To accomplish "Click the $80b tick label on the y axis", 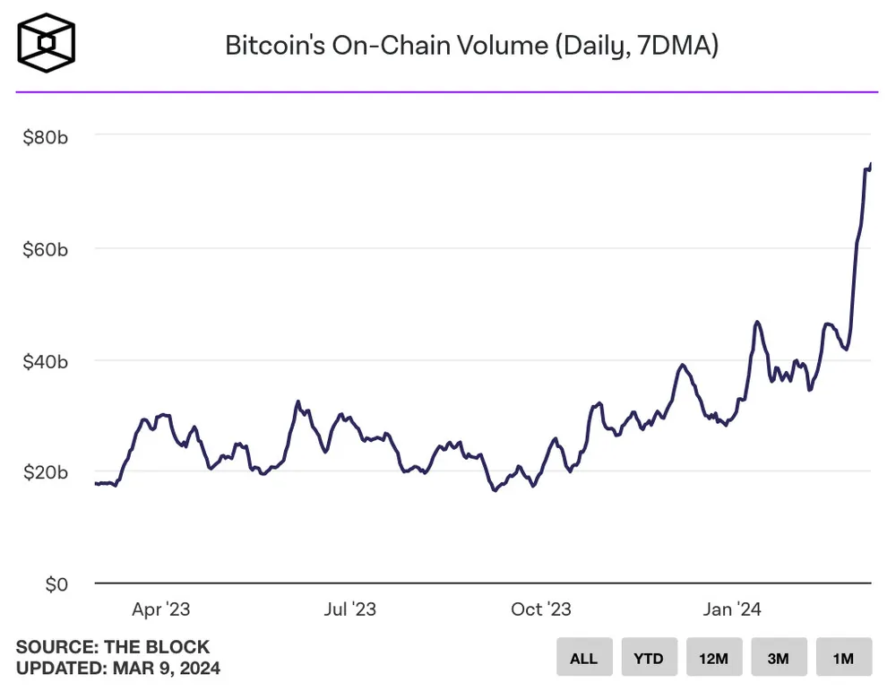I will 45,137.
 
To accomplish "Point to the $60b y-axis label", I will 45,249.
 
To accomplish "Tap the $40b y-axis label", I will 45,361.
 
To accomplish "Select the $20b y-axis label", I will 45,472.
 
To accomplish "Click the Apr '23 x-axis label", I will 161,609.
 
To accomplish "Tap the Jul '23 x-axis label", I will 349,609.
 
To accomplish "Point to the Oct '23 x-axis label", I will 541,609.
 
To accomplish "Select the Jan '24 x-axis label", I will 732,609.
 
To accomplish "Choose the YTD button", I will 649,658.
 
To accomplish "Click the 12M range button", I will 713,658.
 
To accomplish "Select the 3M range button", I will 778,658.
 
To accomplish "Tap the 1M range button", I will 842,658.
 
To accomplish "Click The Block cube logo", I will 47,42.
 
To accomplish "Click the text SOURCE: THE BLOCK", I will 113,646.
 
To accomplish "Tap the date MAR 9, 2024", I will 167,668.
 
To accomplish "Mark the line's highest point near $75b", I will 871,164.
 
